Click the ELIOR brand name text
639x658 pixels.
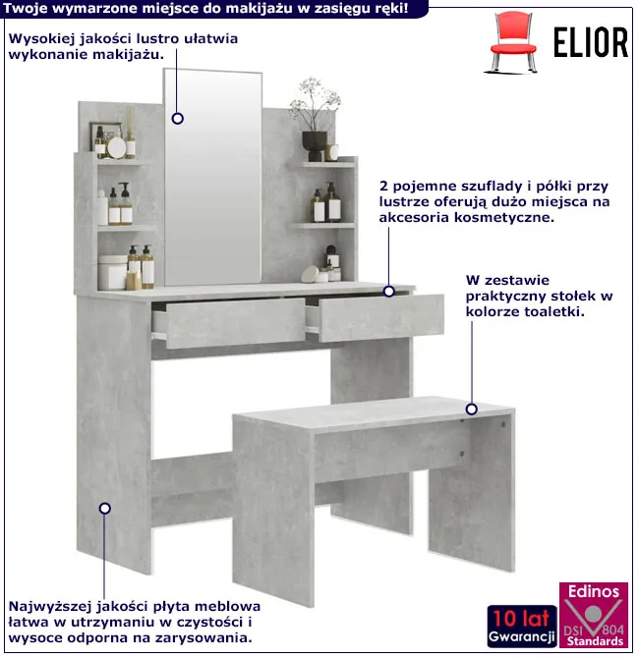tap(590, 42)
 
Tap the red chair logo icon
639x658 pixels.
tap(512, 42)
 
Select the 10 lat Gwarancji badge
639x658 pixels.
tap(522, 627)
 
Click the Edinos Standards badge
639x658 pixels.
tap(594, 615)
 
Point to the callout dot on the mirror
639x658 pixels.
tap(178, 119)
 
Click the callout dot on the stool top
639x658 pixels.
tap(471, 410)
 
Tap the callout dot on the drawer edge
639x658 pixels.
tap(389, 292)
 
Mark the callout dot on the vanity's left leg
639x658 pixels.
tap(104, 509)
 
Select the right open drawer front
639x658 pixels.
tap(381, 317)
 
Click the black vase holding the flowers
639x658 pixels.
tap(315, 145)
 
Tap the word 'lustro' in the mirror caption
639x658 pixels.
tap(155, 39)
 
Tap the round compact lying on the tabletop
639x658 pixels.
tap(310, 274)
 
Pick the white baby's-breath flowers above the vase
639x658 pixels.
tap(316, 101)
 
